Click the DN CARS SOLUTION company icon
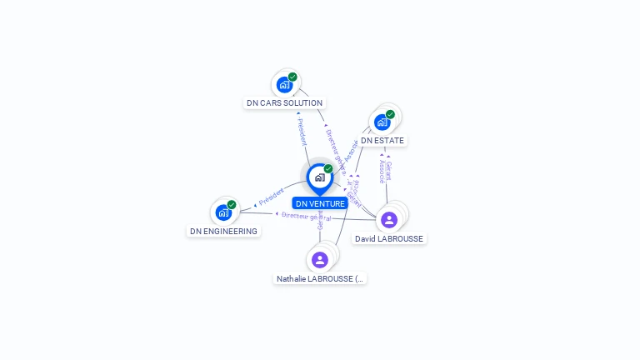click(x=284, y=84)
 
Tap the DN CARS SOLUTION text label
click(x=284, y=103)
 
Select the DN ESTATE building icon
click(x=382, y=122)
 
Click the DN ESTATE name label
click(x=382, y=141)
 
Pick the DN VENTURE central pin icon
click(x=319, y=177)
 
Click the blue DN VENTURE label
click(x=320, y=203)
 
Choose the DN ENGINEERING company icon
click(x=223, y=212)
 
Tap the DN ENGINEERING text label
click(x=223, y=231)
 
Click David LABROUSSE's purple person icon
click(x=388, y=219)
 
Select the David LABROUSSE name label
click(x=389, y=238)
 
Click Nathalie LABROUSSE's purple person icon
click(x=320, y=259)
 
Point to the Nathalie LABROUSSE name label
click(x=320, y=278)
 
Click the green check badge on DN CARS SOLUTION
click(x=292, y=77)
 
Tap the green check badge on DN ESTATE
click(x=390, y=114)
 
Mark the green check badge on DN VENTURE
click(x=328, y=168)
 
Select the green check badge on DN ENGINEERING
click(x=232, y=204)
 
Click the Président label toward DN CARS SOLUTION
click(x=302, y=128)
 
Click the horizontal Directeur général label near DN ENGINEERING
click(x=305, y=217)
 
